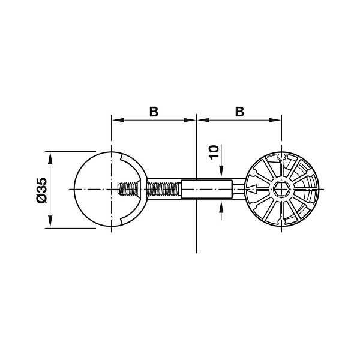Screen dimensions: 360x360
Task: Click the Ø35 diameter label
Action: [x=41, y=190]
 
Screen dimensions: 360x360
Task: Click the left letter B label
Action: [x=154, y=112]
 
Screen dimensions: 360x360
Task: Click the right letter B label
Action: [x=239, y=112]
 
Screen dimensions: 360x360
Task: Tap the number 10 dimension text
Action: [x=214, y=152]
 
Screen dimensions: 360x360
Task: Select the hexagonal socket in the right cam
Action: [x=282, y=189]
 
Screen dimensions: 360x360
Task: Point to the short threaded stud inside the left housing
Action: [x=128, y=189]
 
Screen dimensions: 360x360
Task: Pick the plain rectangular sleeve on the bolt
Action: [x=207, y=189]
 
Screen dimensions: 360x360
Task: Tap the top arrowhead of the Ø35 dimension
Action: [x=50, y=157]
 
